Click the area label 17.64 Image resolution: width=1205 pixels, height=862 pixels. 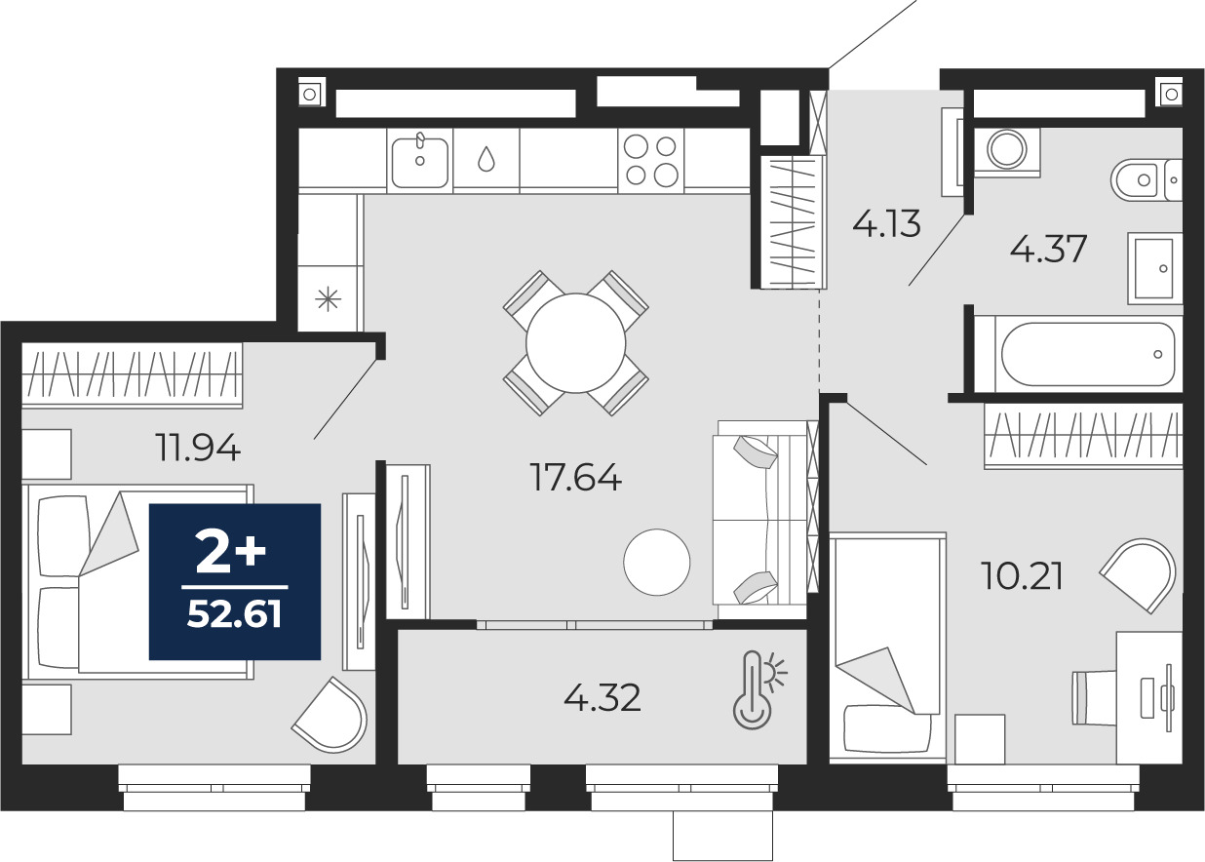tap(575, 477)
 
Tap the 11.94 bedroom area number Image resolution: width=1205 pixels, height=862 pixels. tap(198, 448)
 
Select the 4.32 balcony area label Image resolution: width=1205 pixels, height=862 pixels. tap(602, 697)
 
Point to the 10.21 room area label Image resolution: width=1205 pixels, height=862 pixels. tap(1022, 575)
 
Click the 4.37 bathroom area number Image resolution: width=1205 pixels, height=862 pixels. tap(1048, 249)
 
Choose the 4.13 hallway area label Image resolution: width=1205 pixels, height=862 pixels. tap(886, 223)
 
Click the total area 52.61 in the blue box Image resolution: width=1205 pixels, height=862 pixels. tap(234, 614)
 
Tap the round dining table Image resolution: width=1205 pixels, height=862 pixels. tap(575, 343)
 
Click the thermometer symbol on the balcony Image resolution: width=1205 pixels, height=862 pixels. tap(758, 690)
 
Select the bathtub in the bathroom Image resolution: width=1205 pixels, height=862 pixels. tap(1088, 354)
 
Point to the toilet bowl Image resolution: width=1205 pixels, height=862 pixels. tap(1146, 179)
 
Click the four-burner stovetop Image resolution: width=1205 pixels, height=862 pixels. tap(651, 160)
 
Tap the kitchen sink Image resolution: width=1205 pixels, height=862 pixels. tap(419, 160)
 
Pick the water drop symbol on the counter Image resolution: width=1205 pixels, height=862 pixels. tap(486, 159)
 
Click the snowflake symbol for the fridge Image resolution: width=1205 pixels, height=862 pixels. tap(329, 299)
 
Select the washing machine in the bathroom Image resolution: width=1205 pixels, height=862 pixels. tap(1007, 152)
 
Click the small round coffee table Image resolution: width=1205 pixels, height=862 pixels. tap(657, 562)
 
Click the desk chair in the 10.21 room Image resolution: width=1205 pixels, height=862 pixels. tap(1094, 697)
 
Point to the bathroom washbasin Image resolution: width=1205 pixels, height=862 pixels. tap(1154, 268)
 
